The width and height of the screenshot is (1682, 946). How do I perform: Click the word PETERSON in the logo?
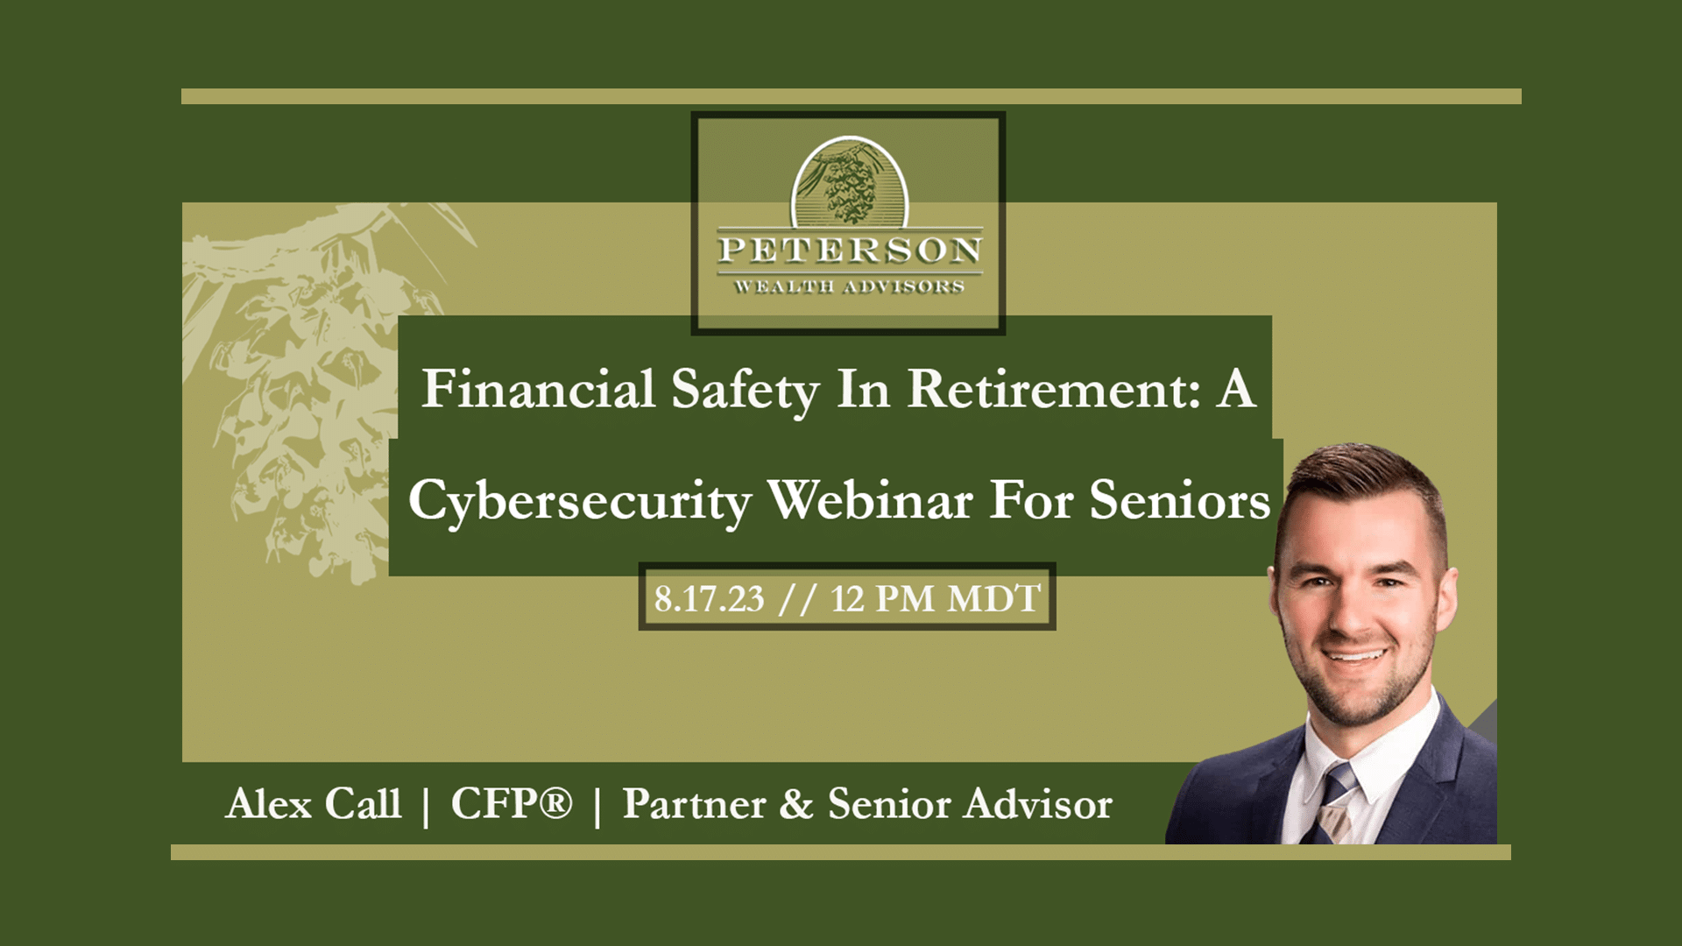pyautogui.click(x=849, y=251)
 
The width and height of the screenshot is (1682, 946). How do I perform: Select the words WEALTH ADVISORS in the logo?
pyautogui.click(x=849, y=287)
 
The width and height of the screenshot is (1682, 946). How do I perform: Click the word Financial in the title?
pyautogui.click(x=538, y=389)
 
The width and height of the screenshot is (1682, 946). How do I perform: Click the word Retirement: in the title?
pyautogui.click(x=1054, y=389)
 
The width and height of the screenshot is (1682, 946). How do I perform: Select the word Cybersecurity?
pyautogui.click(x=579, y=502)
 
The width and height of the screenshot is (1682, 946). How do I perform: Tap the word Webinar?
pyautogui.click(x=870, y=500)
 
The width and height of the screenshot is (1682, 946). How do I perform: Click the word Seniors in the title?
pyautogui.click(x=1179, y=500)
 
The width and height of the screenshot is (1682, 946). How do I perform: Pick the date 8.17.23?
pyautogui.click(x=709, y=599)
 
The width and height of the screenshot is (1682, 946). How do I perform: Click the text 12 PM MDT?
pyautogui.click(x=935, y=599)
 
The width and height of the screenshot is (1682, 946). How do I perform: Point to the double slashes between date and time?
pyautogui.click(x=797, y=599)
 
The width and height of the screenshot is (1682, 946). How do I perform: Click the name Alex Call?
pyautogui.click(x=314, y=804)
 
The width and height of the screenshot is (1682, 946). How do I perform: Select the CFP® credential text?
pyautogui.click(x=512, y=804)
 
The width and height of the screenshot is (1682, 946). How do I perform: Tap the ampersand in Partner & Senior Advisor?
pyautogui.click(x=795, y=804)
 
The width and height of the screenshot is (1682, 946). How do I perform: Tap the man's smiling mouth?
pyautogui.click(x=1355, y=655)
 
